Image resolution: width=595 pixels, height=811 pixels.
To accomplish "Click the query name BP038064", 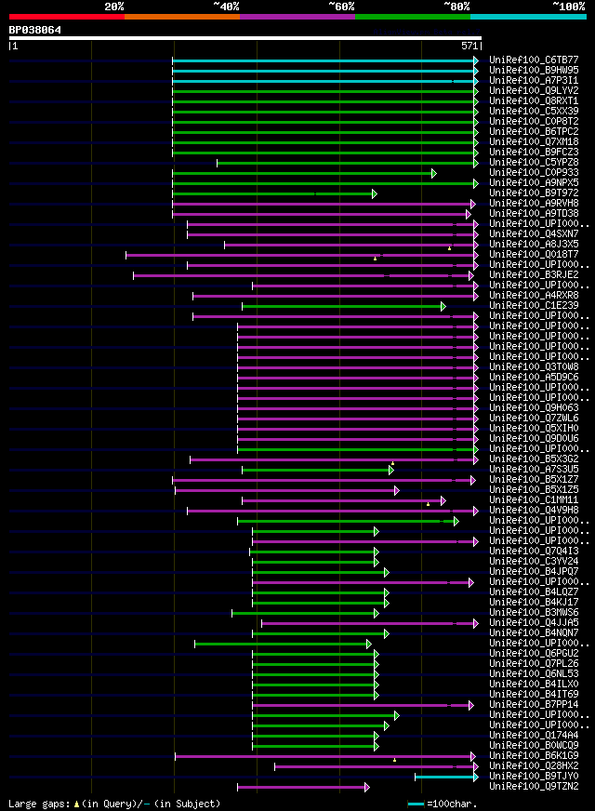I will click(x=35, y=30).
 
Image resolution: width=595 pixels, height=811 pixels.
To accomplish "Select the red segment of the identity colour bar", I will click(x=66, y=16).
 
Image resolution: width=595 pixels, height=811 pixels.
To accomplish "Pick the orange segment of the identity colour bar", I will click(x=181, y=16).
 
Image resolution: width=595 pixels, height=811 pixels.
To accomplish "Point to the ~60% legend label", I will click(x=340, y=6).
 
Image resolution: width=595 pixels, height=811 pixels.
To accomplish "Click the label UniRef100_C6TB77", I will click(x=533, y=60).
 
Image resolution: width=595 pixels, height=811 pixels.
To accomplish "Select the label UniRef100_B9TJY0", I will click(x=533, y=777).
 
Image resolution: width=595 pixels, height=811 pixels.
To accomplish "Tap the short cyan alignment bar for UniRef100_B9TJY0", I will click(x=445, y=777).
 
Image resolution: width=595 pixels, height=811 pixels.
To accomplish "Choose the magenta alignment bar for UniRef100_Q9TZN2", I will click(x=302, y=787).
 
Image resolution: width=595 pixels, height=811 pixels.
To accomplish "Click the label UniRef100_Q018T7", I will click(x=533, y=255).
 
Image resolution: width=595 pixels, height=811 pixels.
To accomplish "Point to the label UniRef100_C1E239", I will click(x=533, y=306).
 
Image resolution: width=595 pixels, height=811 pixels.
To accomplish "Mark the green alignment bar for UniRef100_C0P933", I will click(x=302, y=173).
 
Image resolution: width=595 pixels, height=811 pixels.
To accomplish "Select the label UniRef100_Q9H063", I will click(x=533, y=408).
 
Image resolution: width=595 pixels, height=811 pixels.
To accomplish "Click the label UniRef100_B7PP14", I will click(x=533, y=705).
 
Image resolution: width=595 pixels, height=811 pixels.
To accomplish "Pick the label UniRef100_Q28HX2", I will click(x=533, y=766).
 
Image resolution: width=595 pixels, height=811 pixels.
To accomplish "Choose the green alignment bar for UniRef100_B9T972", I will click(x=273, y=193).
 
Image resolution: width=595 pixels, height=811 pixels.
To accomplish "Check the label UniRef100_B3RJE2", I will click(x=533, y=275).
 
